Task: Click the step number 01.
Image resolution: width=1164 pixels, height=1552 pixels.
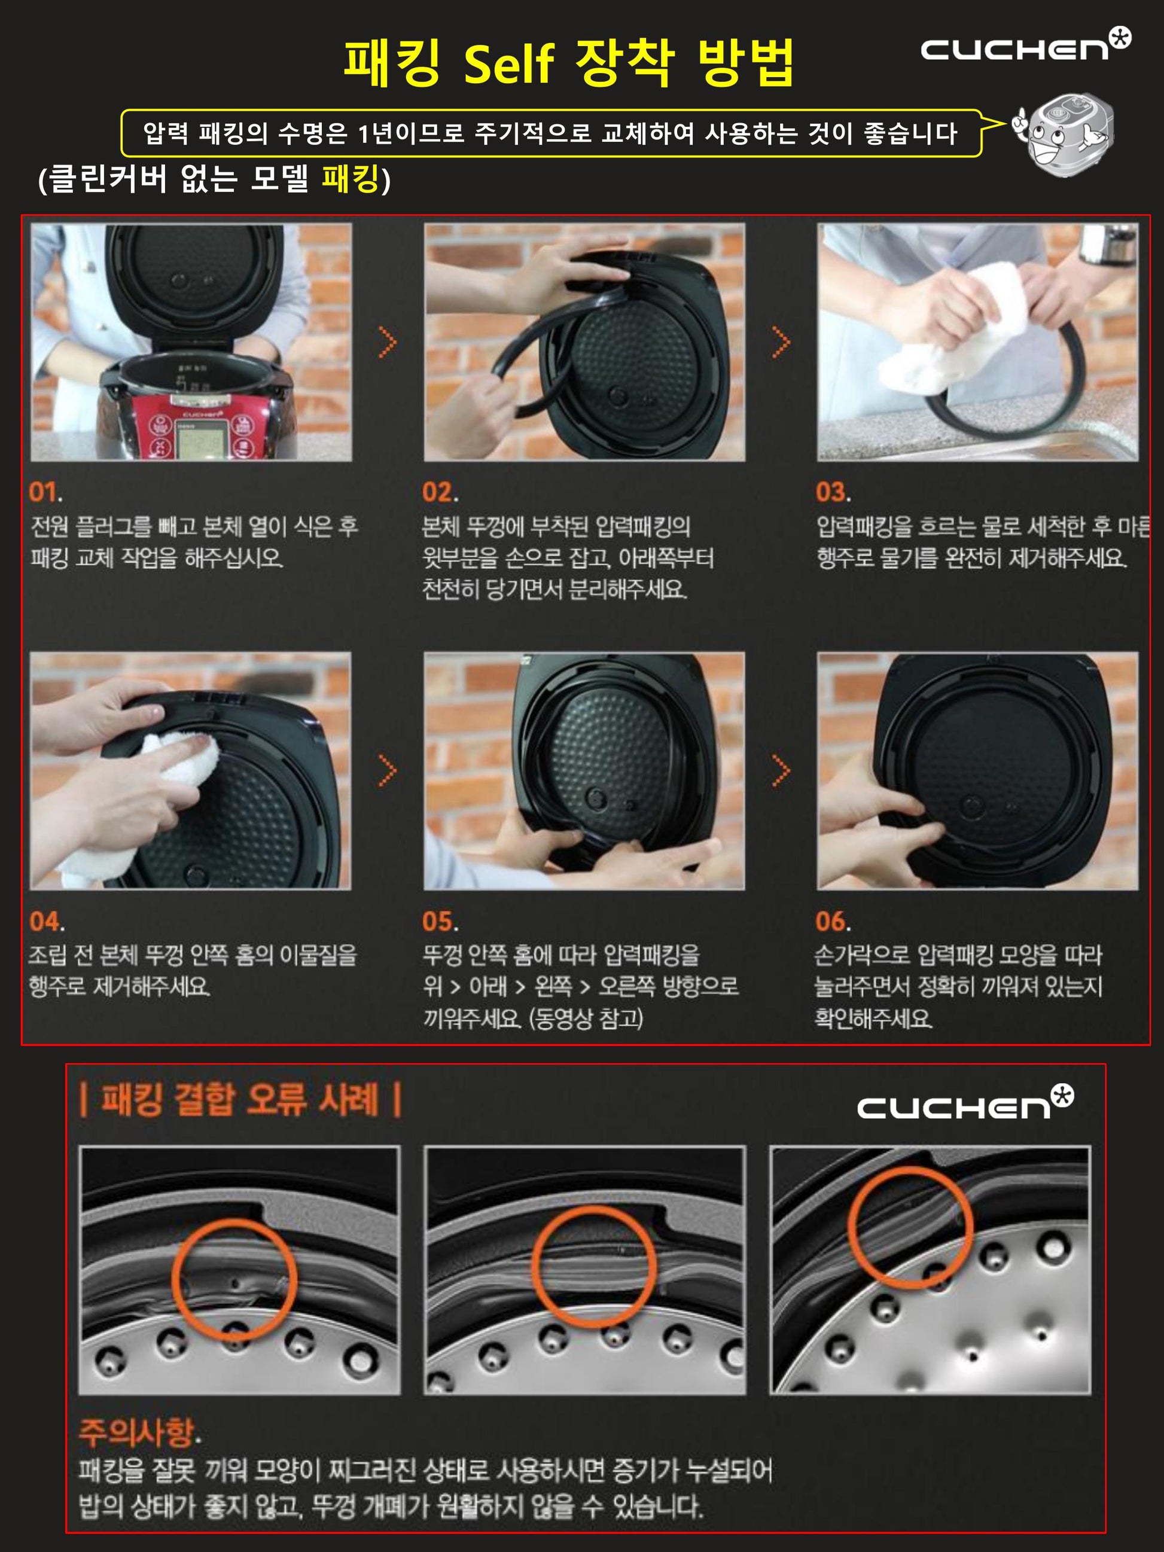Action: [45, 493]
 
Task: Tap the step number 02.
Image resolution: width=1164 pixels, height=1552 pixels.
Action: [440, 493]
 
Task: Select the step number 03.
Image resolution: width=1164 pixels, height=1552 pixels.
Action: [833, 493]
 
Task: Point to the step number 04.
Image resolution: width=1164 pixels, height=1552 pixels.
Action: [46, 921]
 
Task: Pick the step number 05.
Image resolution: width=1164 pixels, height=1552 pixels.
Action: [440, 921]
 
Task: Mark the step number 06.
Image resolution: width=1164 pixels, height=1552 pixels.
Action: [833, 921]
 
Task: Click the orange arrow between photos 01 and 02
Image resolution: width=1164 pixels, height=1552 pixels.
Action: [387, 342]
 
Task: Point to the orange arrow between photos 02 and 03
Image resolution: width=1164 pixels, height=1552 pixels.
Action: [781, 342]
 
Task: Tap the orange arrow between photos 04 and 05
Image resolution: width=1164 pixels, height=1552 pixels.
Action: [387, 771]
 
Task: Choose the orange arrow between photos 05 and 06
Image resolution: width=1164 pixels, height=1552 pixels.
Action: [781, 771]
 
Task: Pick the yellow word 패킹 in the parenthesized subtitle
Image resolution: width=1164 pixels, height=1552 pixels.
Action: [351, 179]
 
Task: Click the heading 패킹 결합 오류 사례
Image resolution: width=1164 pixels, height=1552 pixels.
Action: [240, 1099]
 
